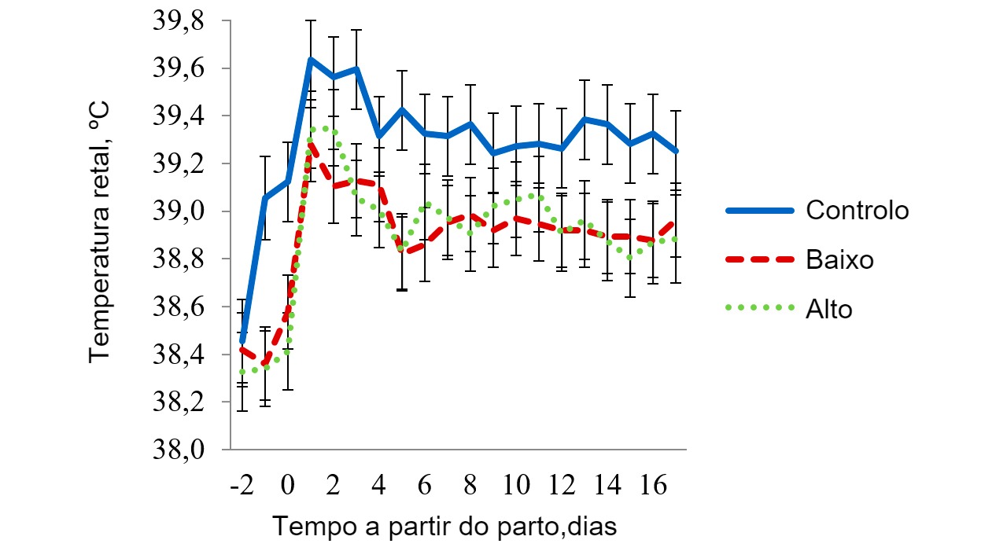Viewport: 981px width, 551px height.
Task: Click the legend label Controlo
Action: [x=857, y=211]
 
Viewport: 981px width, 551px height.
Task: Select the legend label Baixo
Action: [x=840, y=260]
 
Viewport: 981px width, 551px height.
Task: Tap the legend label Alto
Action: [x=829, y=309]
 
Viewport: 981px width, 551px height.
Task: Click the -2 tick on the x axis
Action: [x=242, y=485]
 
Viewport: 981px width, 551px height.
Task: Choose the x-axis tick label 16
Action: [x=652, y=485]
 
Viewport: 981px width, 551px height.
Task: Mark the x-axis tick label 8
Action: [x=470, y=485]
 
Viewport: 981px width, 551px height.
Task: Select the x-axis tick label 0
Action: [x=288, y=485]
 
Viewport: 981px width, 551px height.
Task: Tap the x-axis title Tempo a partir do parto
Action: [x=444, y=526]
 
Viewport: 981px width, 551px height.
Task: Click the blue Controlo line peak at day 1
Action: [x=311, y=59]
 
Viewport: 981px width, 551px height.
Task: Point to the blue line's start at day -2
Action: [x=242, y=340]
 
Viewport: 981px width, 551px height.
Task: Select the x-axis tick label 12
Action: [x=561, y=485]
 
